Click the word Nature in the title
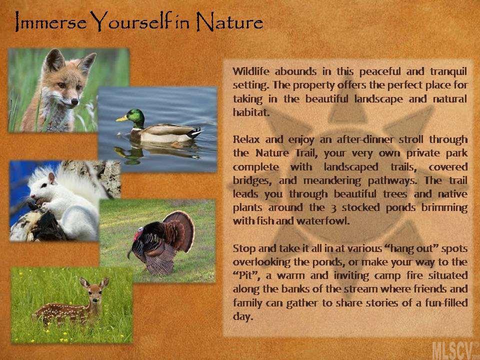tap(229, 22)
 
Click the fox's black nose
tap(74, 101)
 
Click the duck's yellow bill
tap(121, 118)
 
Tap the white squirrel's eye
tap(44, 185)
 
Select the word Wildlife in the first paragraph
tap(251, 71)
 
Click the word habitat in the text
tap(251, 112)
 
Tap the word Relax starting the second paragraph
tap(246, 139)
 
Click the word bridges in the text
tap(252, 180)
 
